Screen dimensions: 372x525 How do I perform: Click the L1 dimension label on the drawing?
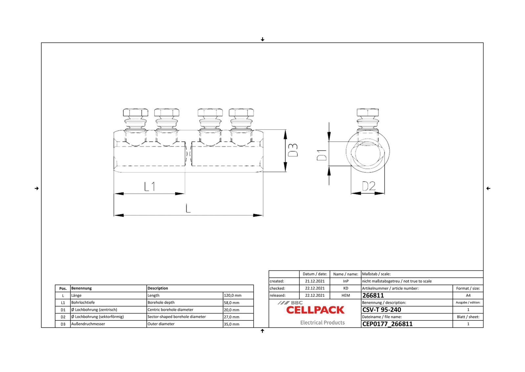pyautogui.click(x=150, y=187)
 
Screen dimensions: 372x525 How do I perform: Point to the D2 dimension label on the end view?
pyautogui.click(x=368, y=186)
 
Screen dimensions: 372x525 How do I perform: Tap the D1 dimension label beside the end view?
pyautogui.click(x=322, y=155)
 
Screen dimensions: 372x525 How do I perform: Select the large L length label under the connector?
pyautogui.click(x=188, y=208)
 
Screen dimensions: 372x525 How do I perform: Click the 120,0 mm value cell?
pyautogui.click(x=233, y=295)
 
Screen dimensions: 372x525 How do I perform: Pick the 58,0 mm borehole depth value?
pyautogui.click(x=232, y=303)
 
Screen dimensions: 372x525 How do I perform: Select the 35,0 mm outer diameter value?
pyautogui.click(x=232, y=324)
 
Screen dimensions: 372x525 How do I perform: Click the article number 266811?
pyautogui.click(x=373, y=295)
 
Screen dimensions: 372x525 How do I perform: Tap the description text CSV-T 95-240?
pyautogui.click(x=382, y=310)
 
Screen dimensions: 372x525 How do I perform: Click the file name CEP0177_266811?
pyautogui.click(x=387, y=324)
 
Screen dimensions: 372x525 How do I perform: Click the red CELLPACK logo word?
pyautogui.click(x=315, y=310)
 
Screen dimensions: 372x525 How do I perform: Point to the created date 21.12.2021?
pyautogui.click(x=315, y=281)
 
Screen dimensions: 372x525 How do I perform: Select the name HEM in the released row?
pyautogui.click(x=346, y=295)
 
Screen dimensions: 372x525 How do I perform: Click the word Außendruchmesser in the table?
pyautogui.click(x=88, y=324)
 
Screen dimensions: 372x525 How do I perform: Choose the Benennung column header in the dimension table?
pyautogui.click(x=81, y=288)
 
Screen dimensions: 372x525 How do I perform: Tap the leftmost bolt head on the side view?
pyautogui.click(x=136, y=113)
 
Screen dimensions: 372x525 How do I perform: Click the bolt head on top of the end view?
pyautogui.click(x=368, y=112)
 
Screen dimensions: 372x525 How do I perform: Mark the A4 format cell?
pyautogui.click(x=468, y=295)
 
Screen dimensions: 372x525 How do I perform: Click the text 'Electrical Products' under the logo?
pyautogui.click(x=323, y=323)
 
